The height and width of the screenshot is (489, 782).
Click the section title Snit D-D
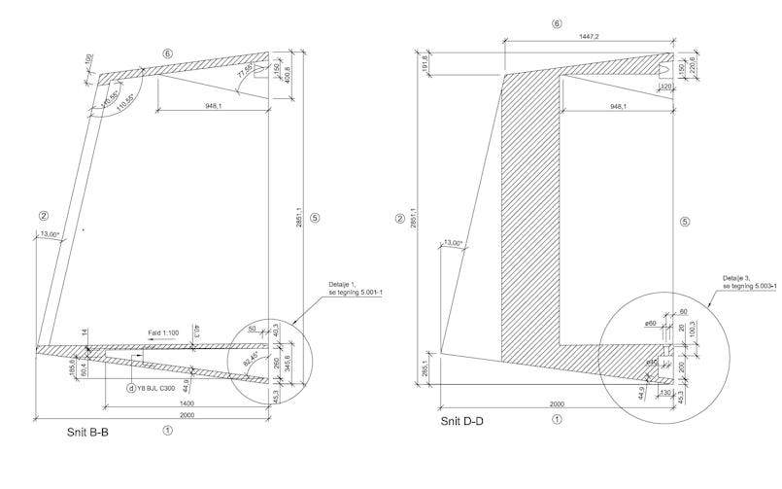pos(462,421)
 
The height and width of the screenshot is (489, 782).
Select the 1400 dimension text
pos(187,402)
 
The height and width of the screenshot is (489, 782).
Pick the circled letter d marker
pos(131,388)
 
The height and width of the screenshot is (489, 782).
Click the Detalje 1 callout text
pos(354,289)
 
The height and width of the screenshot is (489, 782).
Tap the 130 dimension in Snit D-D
pos(665,393)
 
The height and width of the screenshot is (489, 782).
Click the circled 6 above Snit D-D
pos(557,22)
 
